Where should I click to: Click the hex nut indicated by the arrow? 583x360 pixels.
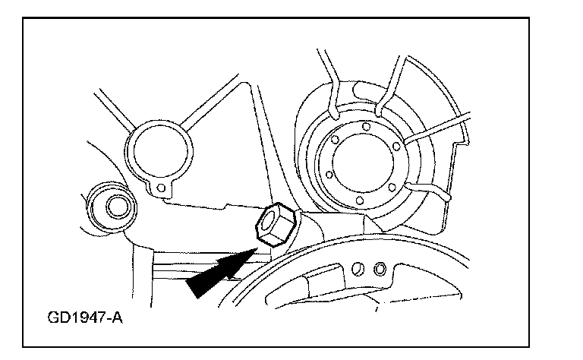click(271, 226)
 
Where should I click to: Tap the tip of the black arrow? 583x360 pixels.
click(253, 248)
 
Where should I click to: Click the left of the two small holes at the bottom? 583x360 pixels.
click(363, 267)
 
